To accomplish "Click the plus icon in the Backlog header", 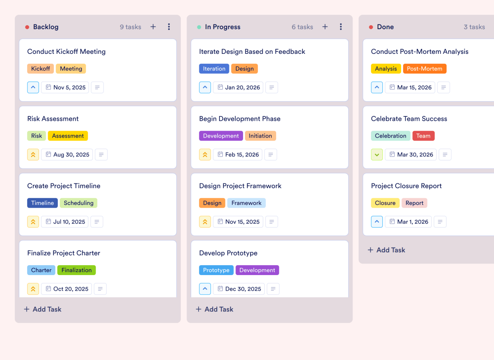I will [153, 27].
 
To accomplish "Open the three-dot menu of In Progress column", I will [341, 27].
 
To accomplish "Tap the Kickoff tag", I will [41, 69].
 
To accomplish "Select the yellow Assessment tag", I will [68, 136].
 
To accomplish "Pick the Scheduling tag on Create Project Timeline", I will [78, 203].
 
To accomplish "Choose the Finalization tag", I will [76, 270].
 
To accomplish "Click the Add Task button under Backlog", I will [43, 309].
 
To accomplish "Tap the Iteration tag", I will [214, 69].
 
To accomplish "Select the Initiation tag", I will [260, 136].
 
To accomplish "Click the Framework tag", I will [246, 203].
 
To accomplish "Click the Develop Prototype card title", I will [228, 253].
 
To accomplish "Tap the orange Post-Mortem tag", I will [424, 69].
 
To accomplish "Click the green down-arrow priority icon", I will [377, 155].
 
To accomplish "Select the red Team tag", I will [423, 136].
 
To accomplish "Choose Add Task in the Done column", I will [386, 250].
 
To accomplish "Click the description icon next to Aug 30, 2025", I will [101, 155].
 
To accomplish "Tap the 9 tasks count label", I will [131, 27].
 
